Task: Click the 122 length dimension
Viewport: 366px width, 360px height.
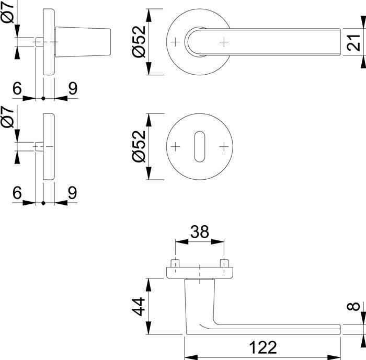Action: (x=263, y=347)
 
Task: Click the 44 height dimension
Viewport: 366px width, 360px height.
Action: (x=139, y=307)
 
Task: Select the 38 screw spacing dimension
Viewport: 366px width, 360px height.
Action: (x=200, y=231)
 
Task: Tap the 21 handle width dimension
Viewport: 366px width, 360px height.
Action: (x=354, y=42)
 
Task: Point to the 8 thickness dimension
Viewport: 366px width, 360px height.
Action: (x=353, y=306)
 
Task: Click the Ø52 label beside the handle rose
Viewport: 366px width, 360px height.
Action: (x=139, y=41)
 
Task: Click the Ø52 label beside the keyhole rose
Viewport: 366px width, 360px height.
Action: (x=139, y=146)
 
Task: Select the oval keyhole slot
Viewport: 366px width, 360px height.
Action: (x=200, y=146)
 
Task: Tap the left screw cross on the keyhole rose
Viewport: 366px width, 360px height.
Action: (x=175, y=146)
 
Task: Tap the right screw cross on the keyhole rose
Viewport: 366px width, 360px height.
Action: (x=224, y=146)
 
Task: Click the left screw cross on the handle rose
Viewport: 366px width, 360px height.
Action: (x=175, y=42)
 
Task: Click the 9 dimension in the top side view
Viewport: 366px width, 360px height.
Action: (x=73, y=89)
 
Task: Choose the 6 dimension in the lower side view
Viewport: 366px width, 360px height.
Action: (x=17, y=193)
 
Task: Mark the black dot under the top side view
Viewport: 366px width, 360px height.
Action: (x=43, y=98)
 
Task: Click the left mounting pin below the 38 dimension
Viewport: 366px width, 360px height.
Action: (x=175, y=263)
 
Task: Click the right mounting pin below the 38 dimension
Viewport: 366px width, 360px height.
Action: (x=224, y=263)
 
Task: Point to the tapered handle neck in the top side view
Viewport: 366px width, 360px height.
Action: (x=83, y=42)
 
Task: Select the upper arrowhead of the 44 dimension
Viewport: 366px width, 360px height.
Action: (x=148, y=285)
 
